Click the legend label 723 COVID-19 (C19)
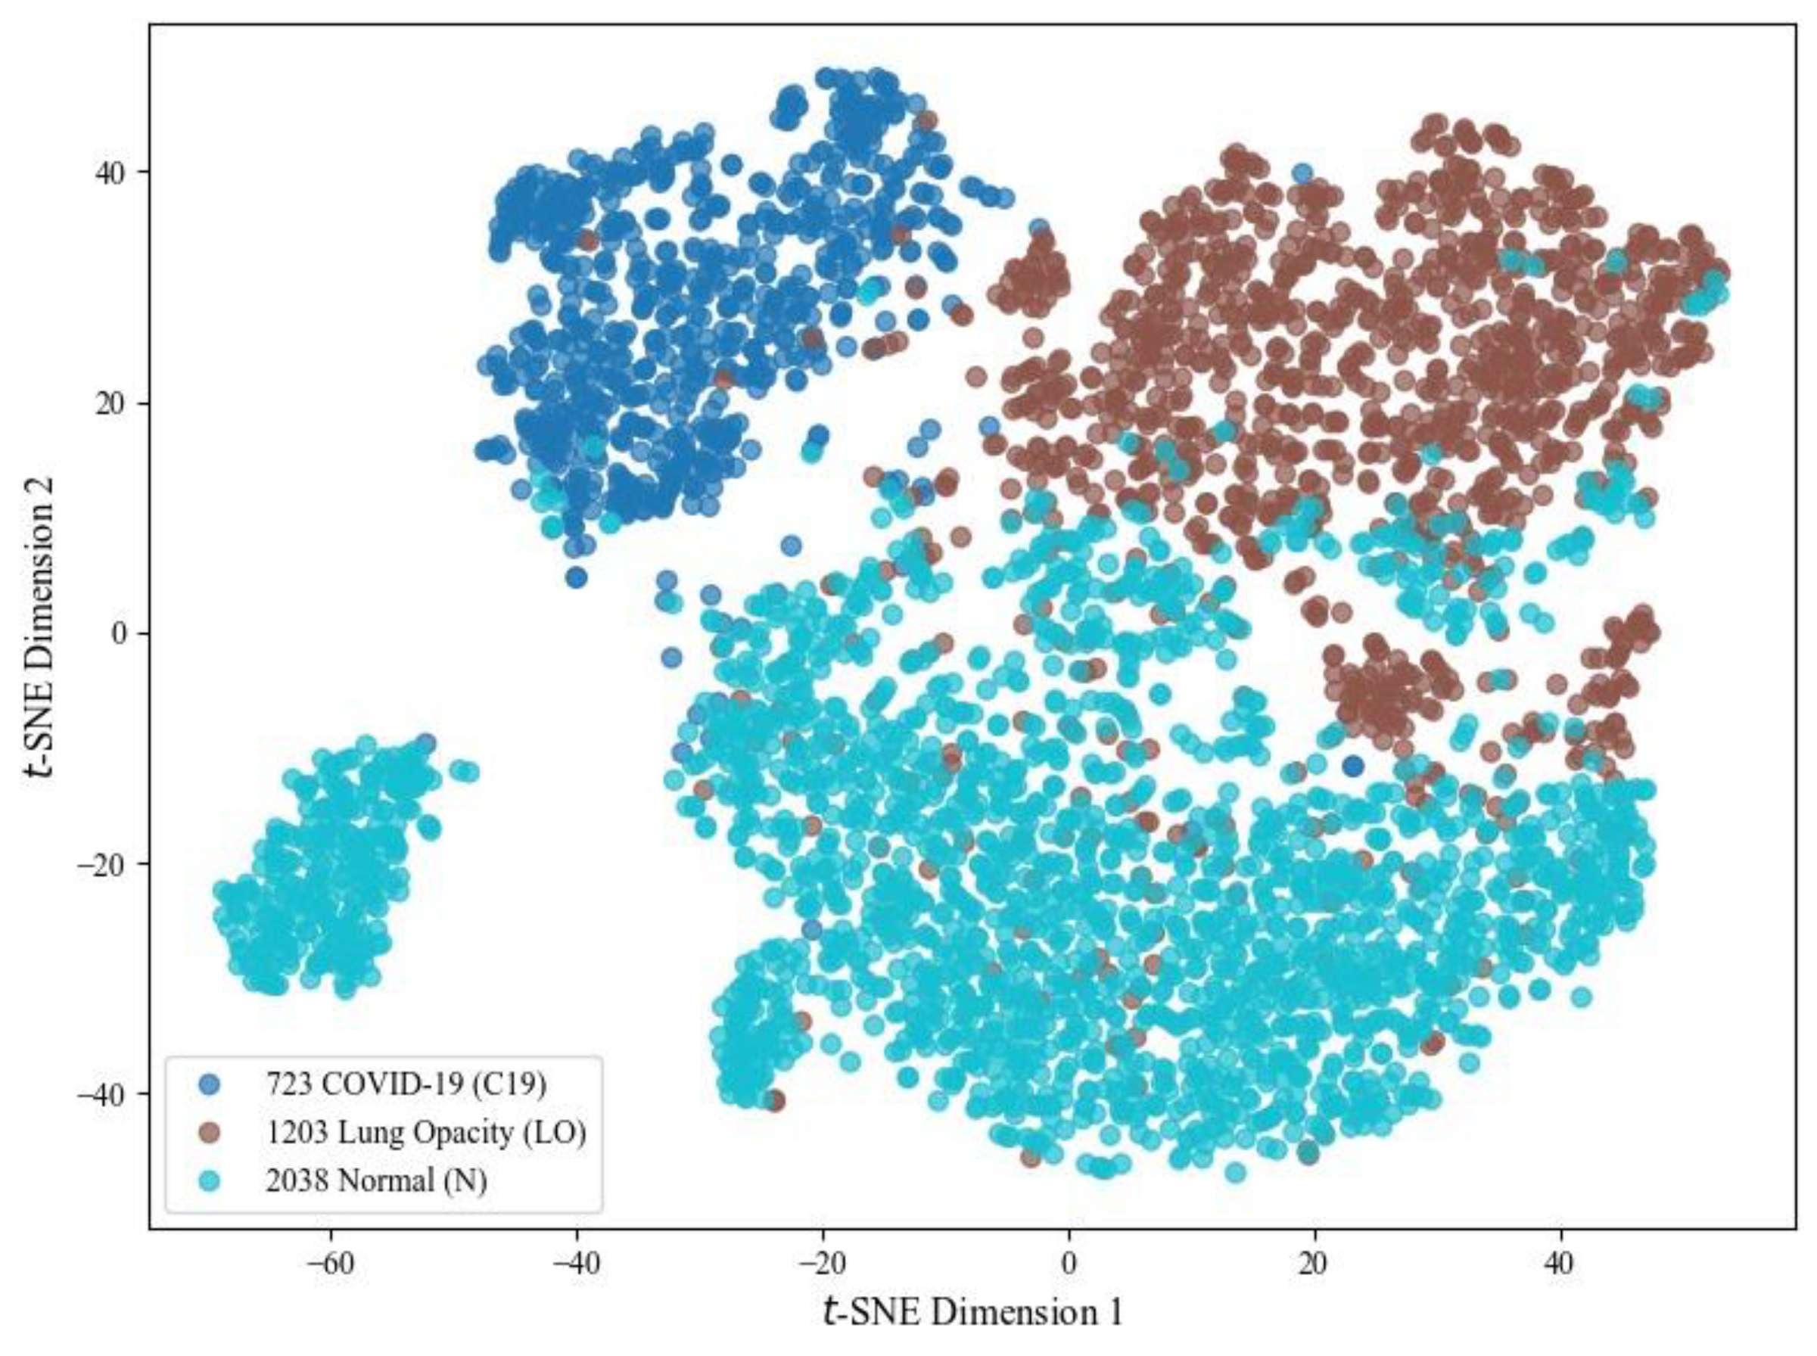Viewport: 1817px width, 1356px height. click(406, 1084)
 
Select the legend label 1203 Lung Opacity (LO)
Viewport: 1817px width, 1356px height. click(425, 1133)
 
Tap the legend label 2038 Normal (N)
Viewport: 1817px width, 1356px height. click(376, 1181)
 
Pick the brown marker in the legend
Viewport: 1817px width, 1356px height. click(212, 1133)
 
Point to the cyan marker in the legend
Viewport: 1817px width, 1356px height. click(212, 1181)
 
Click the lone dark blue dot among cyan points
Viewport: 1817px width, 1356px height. click(1353, 767)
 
